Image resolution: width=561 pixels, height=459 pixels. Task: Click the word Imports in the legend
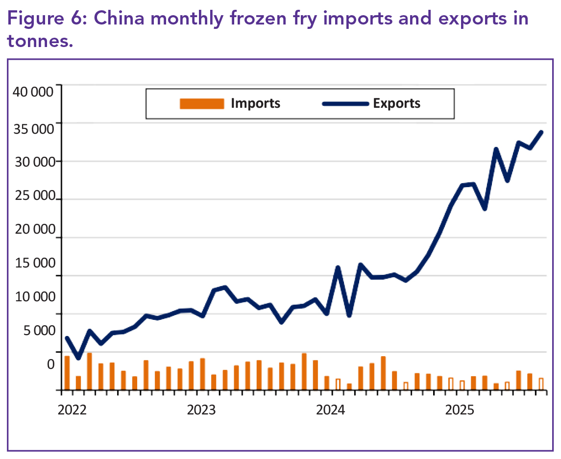255,103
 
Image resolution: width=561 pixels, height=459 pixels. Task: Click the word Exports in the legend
396,103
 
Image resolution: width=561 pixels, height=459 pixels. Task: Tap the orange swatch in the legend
202,103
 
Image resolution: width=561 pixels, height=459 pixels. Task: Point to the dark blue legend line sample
345,103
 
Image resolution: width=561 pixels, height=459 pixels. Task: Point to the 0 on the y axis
50,364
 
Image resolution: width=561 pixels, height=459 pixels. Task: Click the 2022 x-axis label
72,410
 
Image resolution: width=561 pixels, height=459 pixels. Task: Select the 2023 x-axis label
201,410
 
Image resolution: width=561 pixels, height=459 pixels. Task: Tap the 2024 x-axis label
331,410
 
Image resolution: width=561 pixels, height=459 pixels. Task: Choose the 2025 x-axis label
460,410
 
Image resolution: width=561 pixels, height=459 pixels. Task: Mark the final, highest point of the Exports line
541,132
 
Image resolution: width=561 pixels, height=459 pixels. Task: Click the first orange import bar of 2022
67,373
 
